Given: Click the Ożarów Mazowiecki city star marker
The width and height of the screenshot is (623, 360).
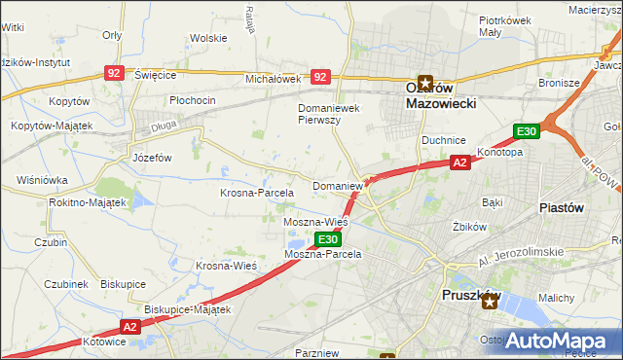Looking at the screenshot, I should (x=425, y=84).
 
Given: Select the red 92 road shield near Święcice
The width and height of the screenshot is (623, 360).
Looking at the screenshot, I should (x=115, y=72).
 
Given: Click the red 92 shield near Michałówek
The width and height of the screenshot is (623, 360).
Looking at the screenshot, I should (x=319, y=75).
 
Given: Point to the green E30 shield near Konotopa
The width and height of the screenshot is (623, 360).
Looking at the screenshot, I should (x=526, y=131).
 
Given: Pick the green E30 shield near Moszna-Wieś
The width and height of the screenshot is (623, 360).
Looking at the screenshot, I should (x=328, y=238).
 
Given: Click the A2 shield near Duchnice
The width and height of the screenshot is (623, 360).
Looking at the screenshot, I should (x=460, y=163).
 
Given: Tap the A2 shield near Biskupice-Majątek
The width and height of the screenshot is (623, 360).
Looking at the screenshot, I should (x=132, y=327).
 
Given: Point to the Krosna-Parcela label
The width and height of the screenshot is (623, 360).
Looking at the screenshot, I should (x=256, y=193).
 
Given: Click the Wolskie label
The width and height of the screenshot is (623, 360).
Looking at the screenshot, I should (x=208, y=38).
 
